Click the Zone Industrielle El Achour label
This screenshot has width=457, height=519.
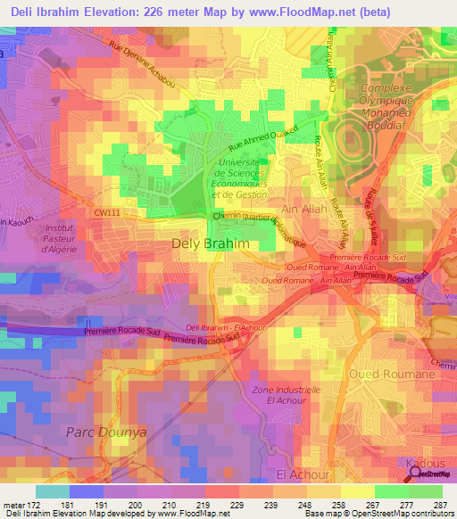coord(286,396)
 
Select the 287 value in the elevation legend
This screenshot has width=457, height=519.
coord(440,505)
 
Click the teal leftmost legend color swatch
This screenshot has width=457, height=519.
coord(53,491)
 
